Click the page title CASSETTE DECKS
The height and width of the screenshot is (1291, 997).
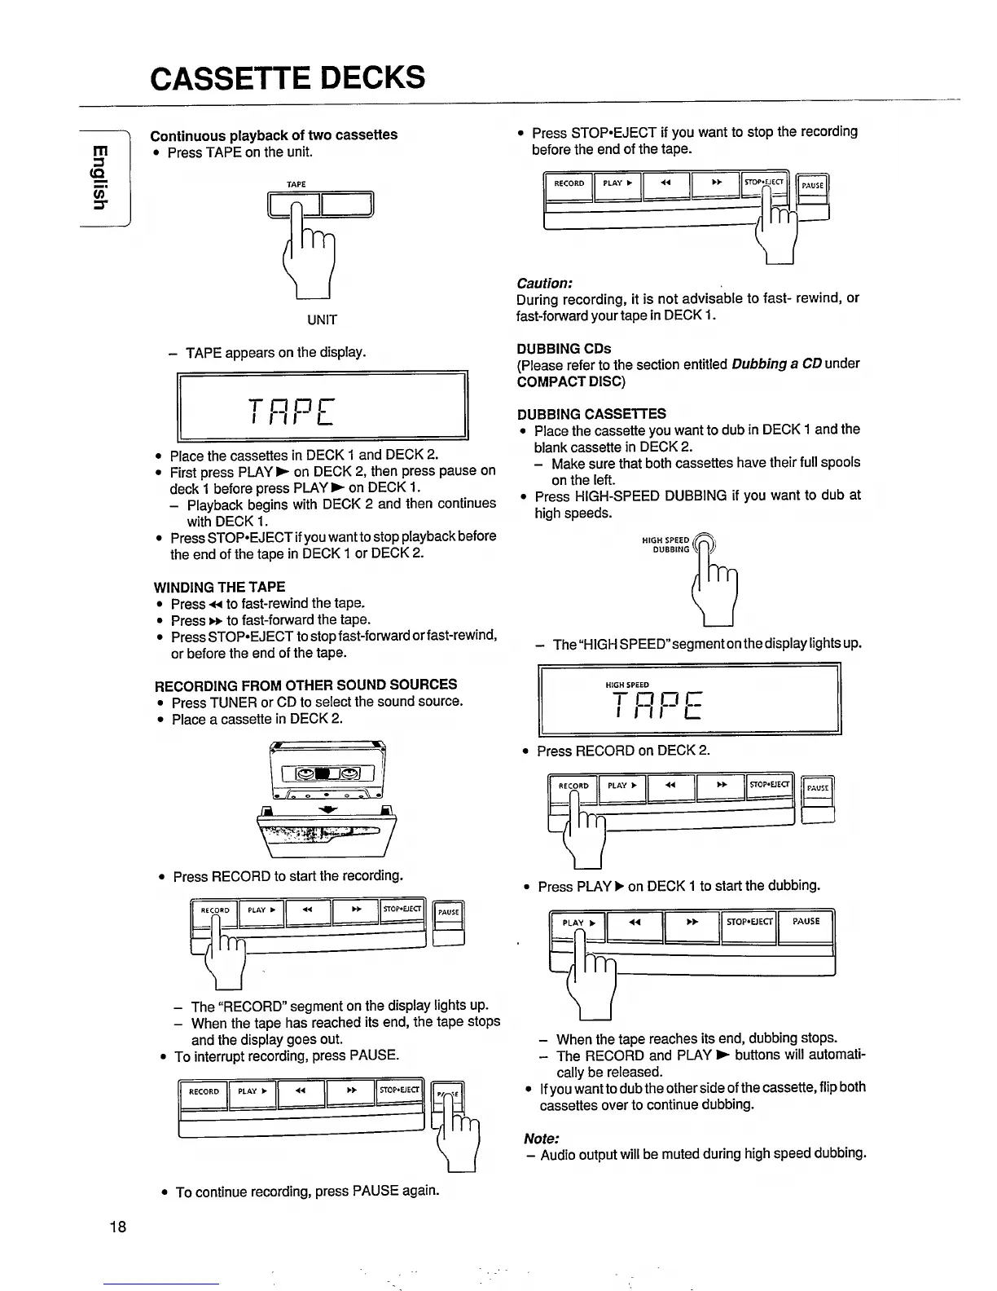288,78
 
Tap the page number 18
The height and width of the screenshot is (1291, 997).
117,1227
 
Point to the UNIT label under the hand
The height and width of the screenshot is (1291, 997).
322,319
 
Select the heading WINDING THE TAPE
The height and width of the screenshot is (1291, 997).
219,587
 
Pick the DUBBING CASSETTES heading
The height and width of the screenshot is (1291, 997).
591,413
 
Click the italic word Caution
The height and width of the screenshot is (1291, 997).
544,283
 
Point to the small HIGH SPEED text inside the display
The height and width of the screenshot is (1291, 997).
628,685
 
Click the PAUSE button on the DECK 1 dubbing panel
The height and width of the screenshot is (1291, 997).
806,923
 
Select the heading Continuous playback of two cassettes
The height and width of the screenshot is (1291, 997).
274,134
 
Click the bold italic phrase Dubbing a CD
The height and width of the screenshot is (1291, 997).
775,364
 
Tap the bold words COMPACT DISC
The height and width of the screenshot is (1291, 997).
570,381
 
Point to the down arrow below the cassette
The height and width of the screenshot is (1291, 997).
327,810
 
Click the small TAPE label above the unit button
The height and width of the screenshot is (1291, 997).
296,185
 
